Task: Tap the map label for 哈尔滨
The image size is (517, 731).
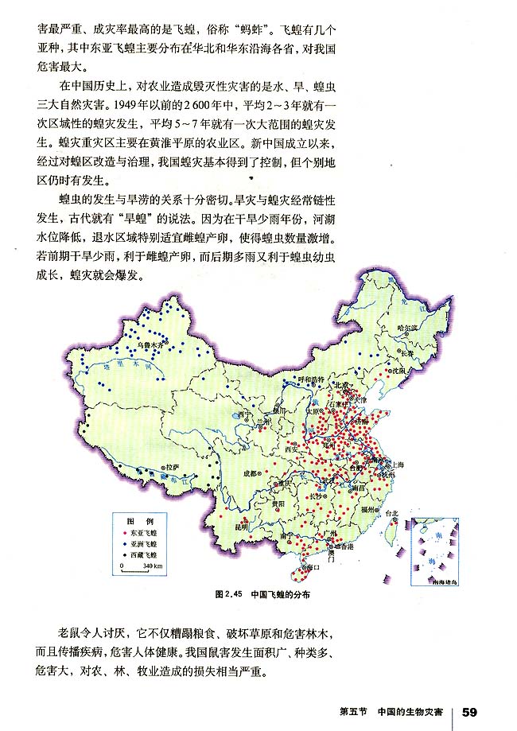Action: (x=406, y=328)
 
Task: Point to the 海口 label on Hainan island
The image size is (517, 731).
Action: (x=313, y=566)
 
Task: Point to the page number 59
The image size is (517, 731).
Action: (x=468, y=710)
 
